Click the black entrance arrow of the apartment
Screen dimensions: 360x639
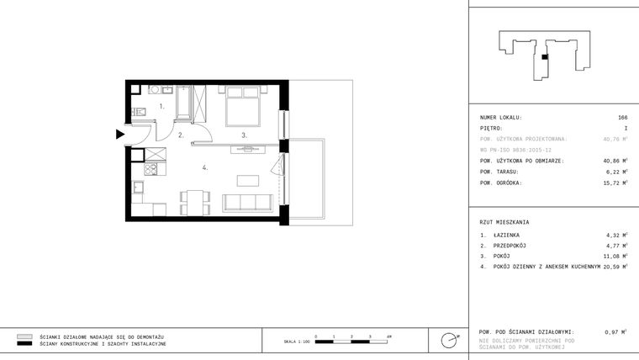tap(120, 134)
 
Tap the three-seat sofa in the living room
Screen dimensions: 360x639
tap(248, 202)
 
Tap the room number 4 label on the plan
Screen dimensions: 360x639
tap(204, 167)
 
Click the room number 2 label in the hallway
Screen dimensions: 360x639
tap(181, 135)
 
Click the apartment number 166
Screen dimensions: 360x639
tap(623, 117)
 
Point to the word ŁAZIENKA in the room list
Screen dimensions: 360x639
tap(508, 235)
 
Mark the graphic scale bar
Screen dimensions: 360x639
tap(351, 341)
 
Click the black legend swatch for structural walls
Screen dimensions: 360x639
tap(24, 344)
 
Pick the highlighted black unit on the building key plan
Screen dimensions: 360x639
tap(545, 57)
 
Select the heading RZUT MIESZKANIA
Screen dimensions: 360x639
tap(504, 221)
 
